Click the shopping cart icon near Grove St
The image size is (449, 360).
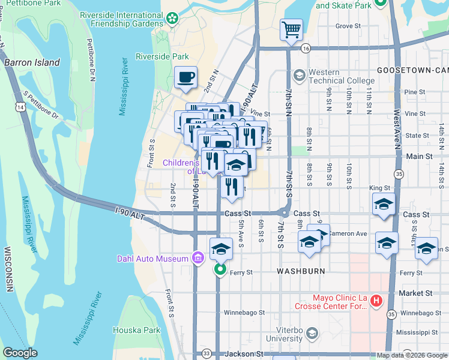[x=291, y=29]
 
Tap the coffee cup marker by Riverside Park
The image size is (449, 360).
[x=185, y=77]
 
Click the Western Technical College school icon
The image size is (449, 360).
[x=299, y=76]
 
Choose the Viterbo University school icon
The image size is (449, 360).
[x=312, y=333]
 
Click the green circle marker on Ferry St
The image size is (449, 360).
[x=220, y=270]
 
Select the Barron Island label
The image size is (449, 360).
[x=32, y=62]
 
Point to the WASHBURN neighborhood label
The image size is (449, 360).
[x=301, y=271]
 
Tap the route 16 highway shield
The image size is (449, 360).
[x=306, y=48]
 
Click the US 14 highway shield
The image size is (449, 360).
[x=22, y=107]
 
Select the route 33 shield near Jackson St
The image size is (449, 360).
[x=206, y=353]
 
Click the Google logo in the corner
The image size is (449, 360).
[x=20, y=353]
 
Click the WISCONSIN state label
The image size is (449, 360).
[x=8, y=269]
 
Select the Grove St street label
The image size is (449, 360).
[x=348, y=26]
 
